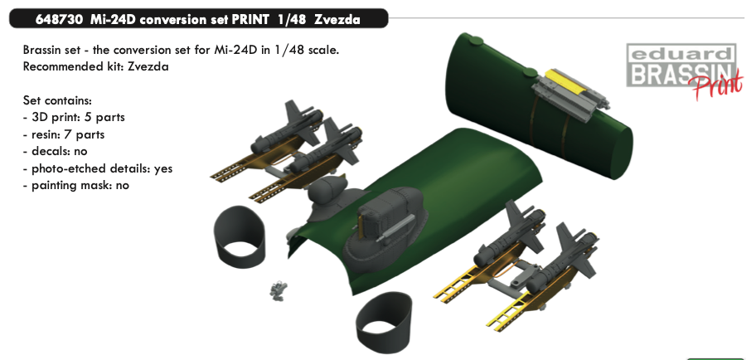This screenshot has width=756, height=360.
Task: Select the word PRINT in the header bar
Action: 251,20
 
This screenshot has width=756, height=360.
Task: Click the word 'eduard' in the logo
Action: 681,54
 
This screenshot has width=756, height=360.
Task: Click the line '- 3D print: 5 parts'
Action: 74,117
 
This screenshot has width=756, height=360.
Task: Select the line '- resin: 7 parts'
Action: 64,134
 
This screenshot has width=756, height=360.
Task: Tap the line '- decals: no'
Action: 55,152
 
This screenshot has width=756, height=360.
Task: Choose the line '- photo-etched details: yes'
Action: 97,168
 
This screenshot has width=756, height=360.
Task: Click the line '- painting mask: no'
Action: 75,185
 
